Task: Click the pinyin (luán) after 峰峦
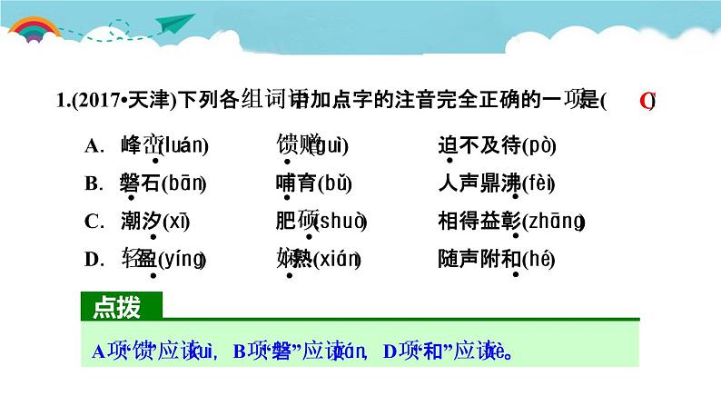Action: click(184, 145)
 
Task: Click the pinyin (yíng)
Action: click(182, 260)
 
